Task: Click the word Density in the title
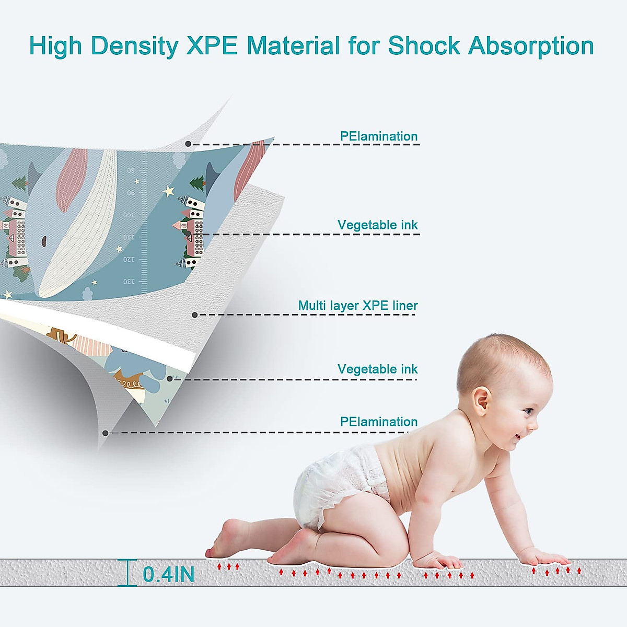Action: coord(134,46)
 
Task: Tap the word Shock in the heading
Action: coord(424,45)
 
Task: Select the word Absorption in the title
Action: coord(531,46)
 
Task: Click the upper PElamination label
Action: coord(379,136)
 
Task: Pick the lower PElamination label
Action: coord(379,422)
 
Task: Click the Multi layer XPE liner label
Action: coord(358,306)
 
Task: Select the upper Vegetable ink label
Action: coord(377,225)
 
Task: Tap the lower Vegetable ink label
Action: coord(377,369)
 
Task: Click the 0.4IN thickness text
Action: coord(169,574)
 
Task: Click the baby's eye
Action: coord(527,412)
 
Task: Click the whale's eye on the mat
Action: coord(44,241)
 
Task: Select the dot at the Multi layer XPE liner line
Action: coord(194,315)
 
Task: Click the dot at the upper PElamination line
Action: coord(188,144)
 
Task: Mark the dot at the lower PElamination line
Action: coord(105,433)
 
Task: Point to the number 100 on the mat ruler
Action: coord(129,215)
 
